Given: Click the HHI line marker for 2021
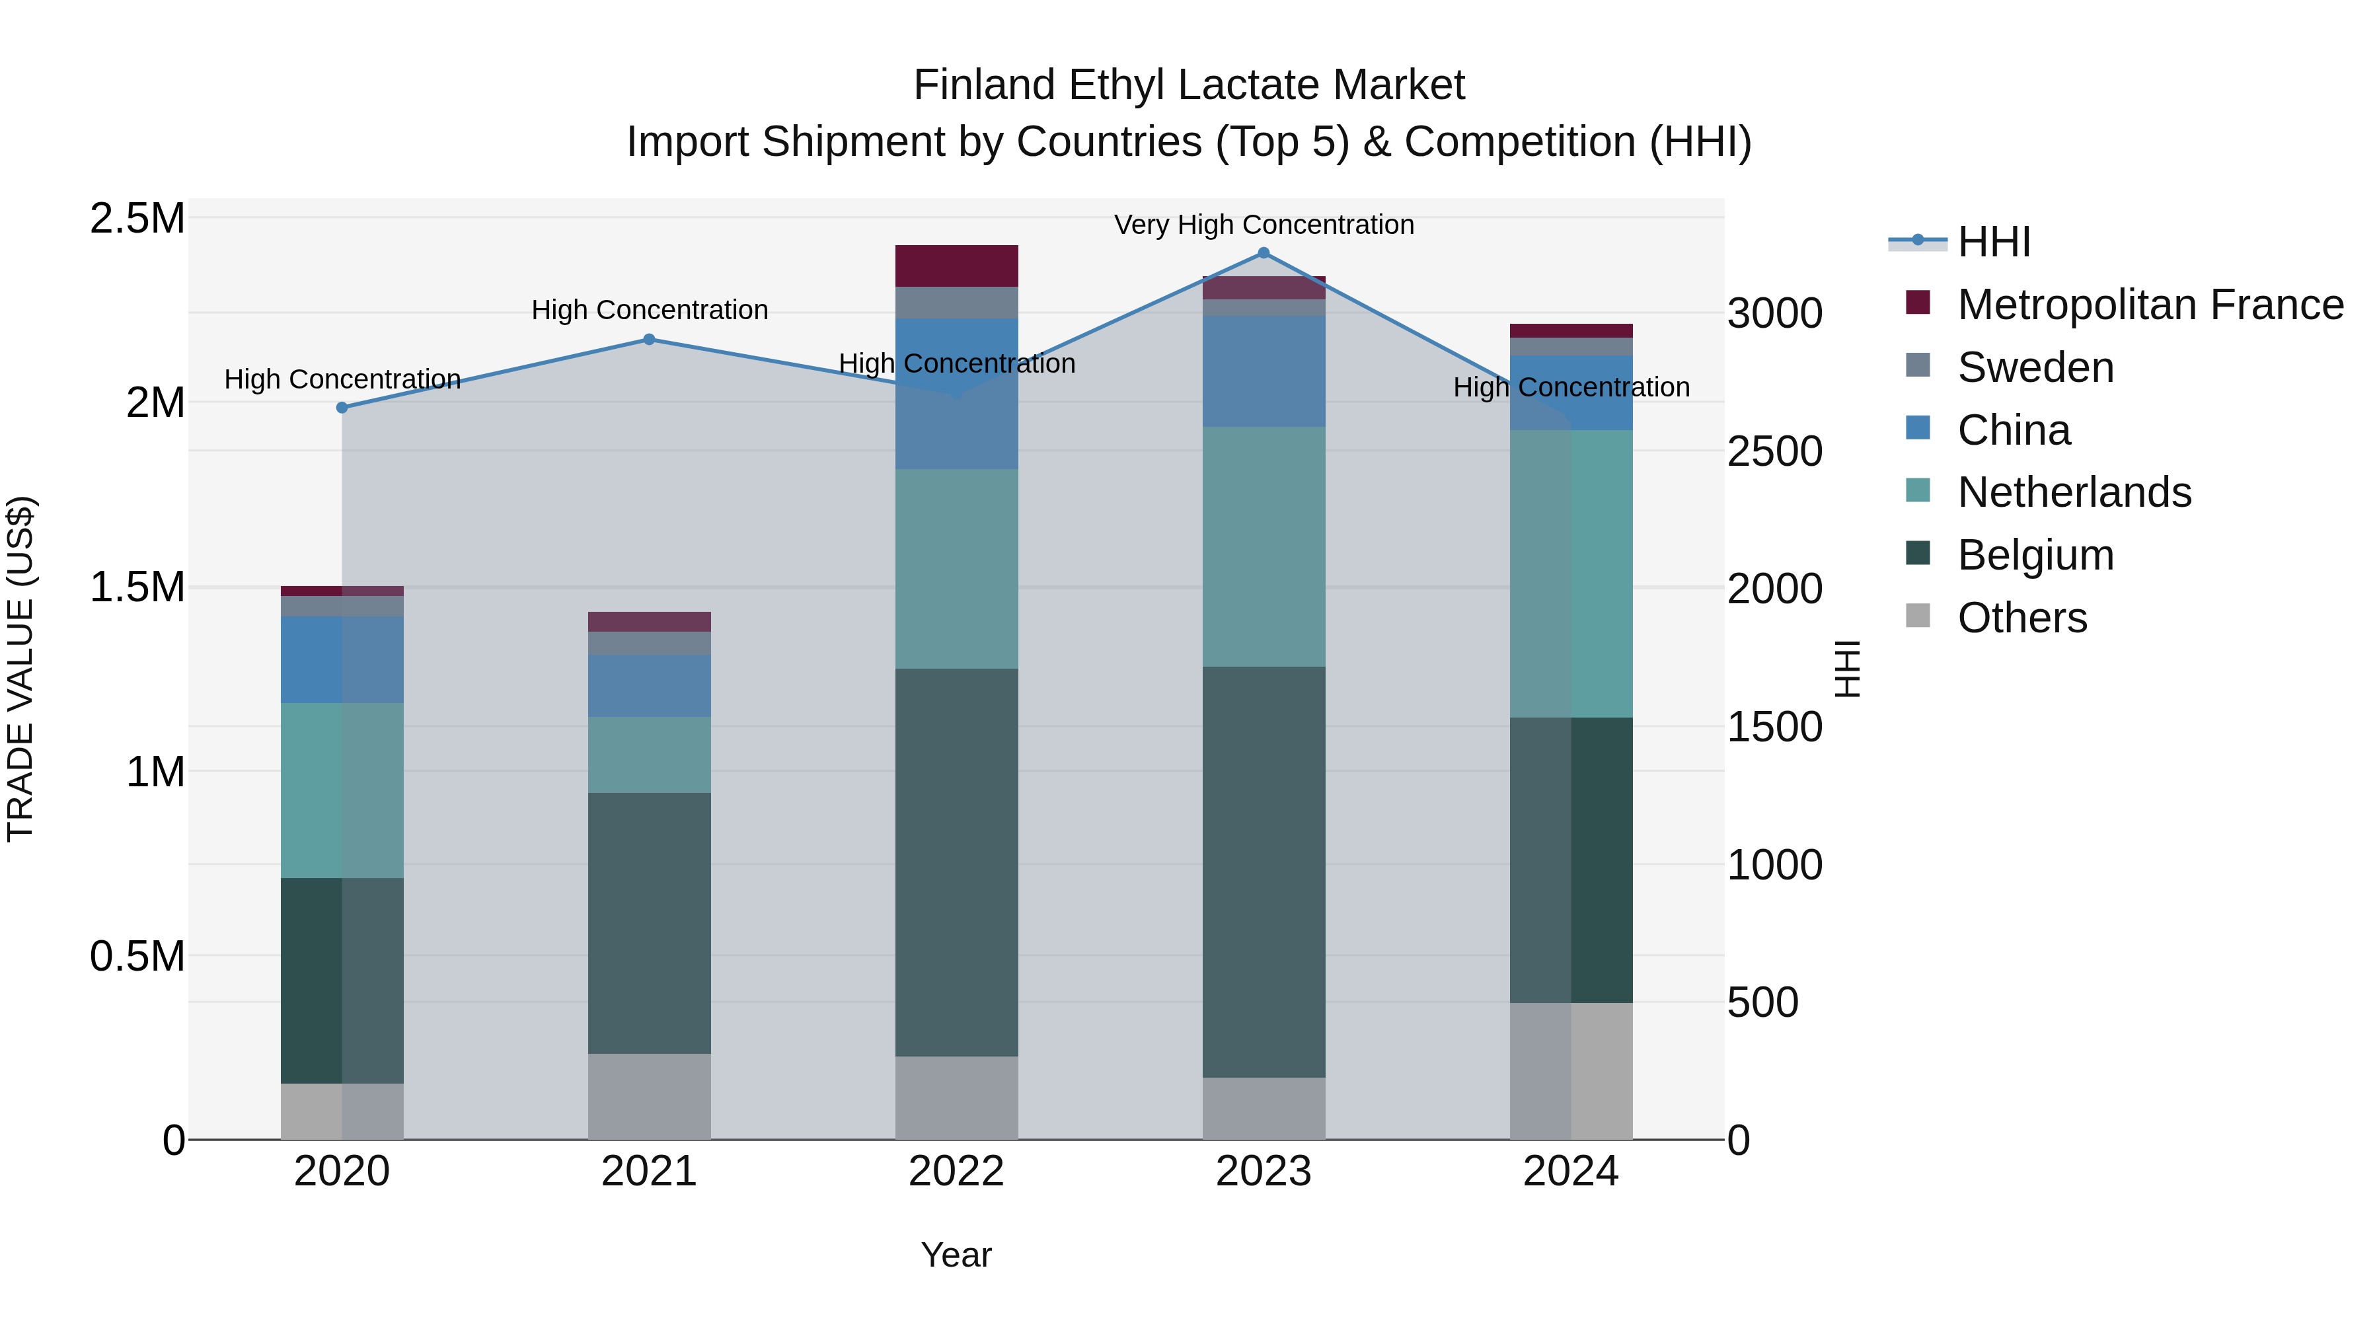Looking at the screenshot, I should [x=648, y=339].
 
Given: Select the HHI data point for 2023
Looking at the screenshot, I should [x=1264, y=253].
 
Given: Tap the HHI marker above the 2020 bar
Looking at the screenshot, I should [x=342, y=407].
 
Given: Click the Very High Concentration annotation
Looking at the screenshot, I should [x=1264, y=225].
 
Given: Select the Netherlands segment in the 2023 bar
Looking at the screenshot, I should [x=1264, y=546].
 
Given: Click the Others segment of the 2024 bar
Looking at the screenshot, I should [x=1570, y=1070].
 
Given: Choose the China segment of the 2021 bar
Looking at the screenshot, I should [x=648, y=685].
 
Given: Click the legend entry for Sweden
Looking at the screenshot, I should [x=2035, y=367].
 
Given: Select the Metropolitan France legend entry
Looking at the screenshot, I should [x=2149, y=305].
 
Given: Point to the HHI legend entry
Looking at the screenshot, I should [x=1993, y=242].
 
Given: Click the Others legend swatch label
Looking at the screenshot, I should [x=2021, y=618].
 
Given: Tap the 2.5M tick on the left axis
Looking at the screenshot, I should [x=137, y=219].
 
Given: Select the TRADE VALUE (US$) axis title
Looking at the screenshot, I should [x=20, y=669].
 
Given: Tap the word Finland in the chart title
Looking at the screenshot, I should [x=985, y=85].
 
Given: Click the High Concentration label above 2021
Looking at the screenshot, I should [x=648, y=309].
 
